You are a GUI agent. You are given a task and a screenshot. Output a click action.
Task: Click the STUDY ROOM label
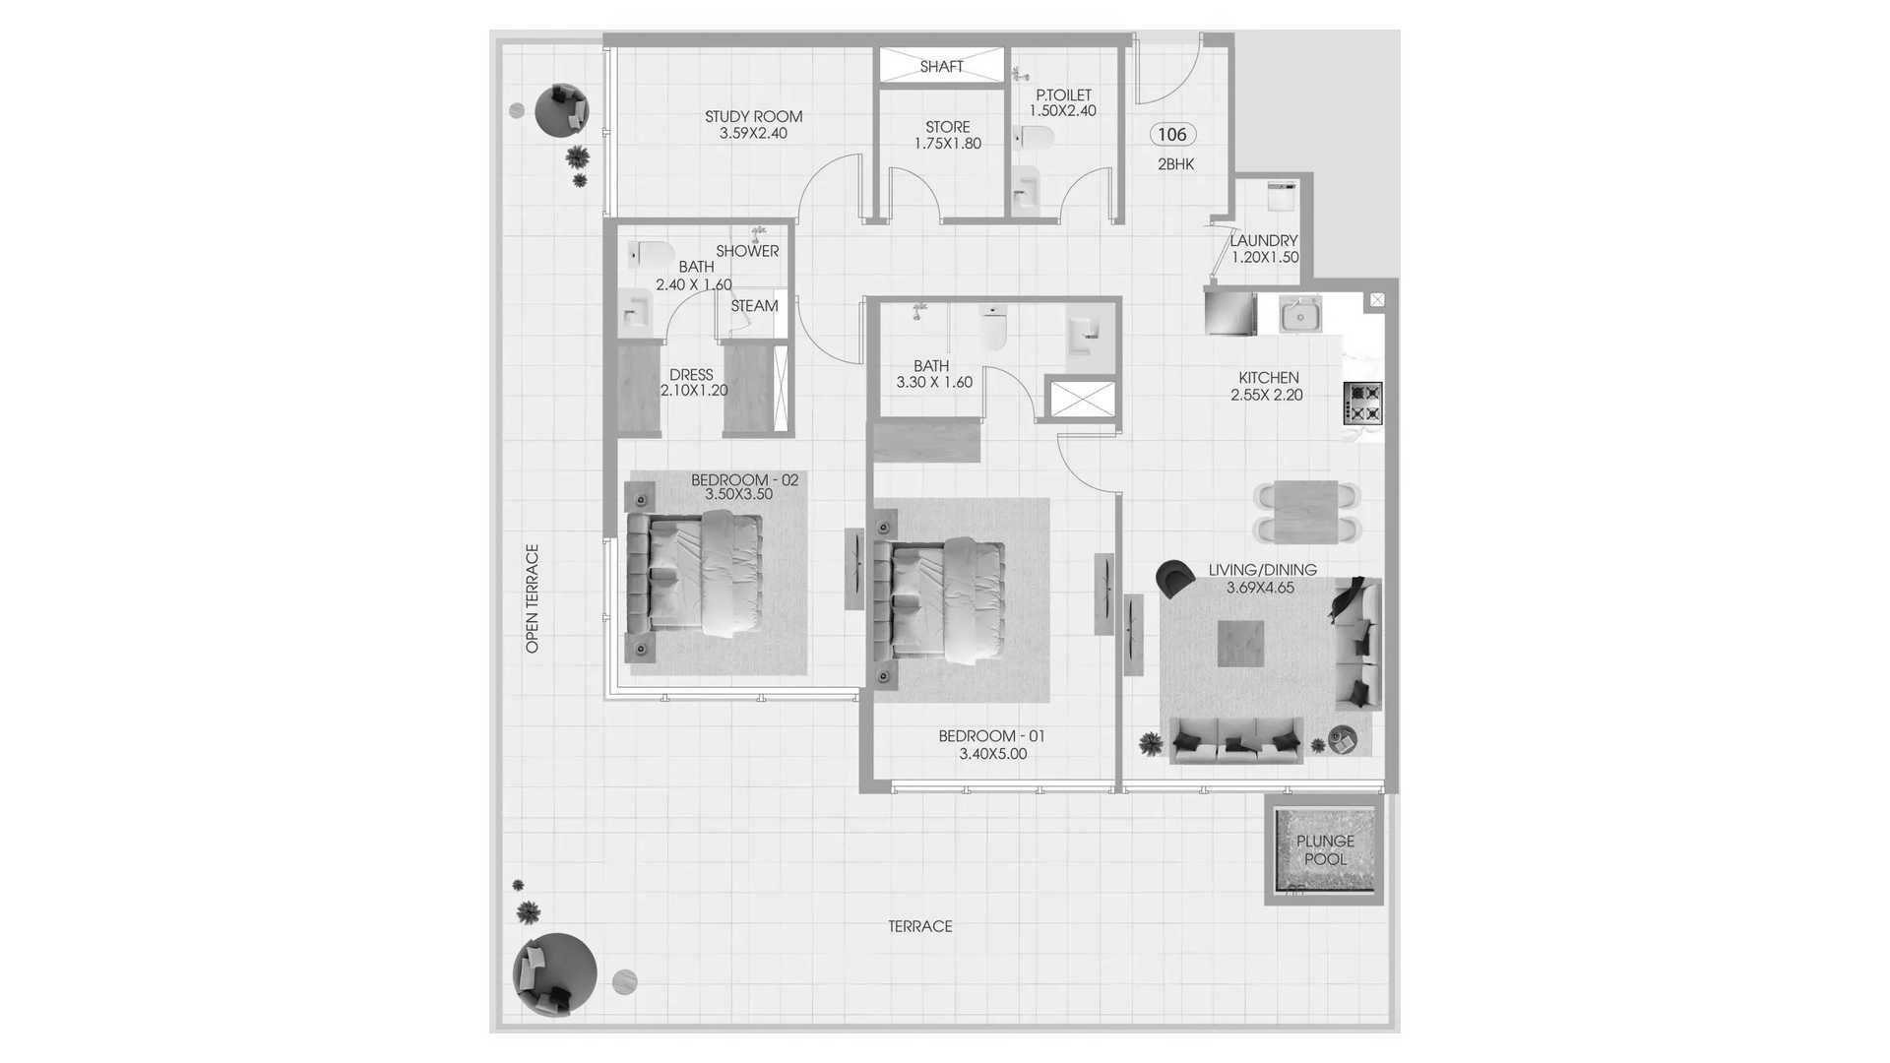(x=753, y=116)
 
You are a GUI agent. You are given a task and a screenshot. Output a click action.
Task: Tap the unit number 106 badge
(x=1172, y=135)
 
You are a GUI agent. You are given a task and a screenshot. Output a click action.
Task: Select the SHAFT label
(x=941, y=66)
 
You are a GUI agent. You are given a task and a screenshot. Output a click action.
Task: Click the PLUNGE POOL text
(x=1325, y=849)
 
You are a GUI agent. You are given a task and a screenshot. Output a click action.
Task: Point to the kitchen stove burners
(x=1363, y=404)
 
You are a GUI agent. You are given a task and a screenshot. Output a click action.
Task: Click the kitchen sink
(x=1300, y=316)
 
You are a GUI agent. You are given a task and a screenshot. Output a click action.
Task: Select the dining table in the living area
(x=1305, y=512)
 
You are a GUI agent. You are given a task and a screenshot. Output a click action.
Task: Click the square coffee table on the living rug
(x=1240, y=644)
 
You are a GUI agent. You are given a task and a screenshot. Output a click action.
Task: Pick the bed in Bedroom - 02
(x=695, y=576)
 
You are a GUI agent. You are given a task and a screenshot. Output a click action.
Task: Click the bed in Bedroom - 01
(x=939, y=600)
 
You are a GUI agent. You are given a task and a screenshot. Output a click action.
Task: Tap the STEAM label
(x=754, y=306)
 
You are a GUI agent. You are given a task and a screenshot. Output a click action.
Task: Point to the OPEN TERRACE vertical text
(x=533, y=598)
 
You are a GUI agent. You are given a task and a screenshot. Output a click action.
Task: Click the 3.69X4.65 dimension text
(x=1260, y=588)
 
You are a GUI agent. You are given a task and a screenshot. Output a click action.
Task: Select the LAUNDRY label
(x=1264, y=240)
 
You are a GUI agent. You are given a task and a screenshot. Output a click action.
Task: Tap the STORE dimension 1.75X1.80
(x=948, y=144)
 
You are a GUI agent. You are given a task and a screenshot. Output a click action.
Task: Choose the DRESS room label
(x=691, y=375)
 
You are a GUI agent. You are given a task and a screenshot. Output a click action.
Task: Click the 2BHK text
(x=1175, y=164)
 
